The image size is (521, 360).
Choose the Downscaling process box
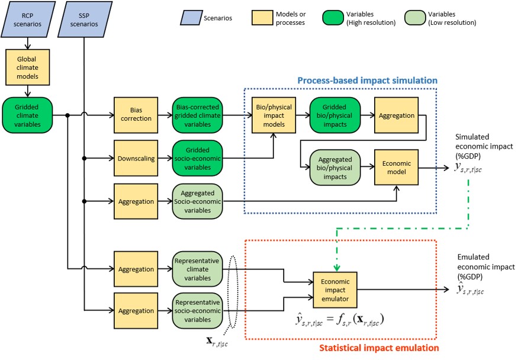click(136, 158)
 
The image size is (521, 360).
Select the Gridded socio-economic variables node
click(197, 158)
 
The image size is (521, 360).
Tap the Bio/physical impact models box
click(274, 116)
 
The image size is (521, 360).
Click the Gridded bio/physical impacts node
click(335, 116)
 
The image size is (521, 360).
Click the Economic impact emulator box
click(335, 290)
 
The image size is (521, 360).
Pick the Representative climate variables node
click(197, 269)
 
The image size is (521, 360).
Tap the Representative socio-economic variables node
click(197, 310)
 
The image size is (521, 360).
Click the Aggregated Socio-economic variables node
click(197, 202)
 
